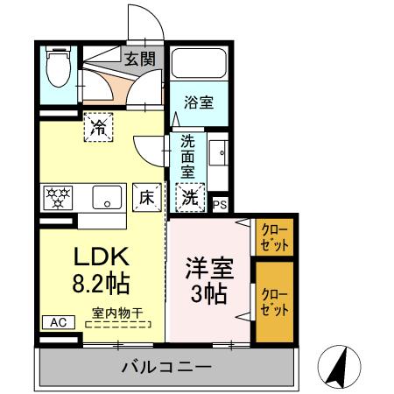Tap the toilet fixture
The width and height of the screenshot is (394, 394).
(58, 68)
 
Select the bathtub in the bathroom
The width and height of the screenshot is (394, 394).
(199, 63)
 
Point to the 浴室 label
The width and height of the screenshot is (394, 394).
(198, 102)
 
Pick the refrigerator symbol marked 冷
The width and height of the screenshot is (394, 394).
(100, 127)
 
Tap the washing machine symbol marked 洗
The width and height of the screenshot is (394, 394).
(190, 197)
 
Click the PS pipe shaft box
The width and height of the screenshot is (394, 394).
(221, 204)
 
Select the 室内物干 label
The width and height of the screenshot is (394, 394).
(116, 311)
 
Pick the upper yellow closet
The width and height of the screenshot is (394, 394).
(275, 236)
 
